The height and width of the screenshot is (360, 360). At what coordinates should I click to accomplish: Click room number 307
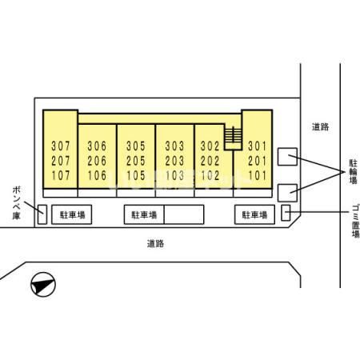pyautogui.click(x=61, y=146)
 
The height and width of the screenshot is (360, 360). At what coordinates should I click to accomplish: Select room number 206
pyautogui.click(x=97, y=161)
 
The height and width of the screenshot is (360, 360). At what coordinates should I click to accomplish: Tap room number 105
pyautogui.click(x=136, y=175)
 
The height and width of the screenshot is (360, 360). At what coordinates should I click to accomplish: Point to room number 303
pyautogui.click(x=174, y=146)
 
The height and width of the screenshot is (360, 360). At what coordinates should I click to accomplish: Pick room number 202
pyautogui.click(x=210, y=161)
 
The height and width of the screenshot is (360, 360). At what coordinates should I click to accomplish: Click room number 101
pyautogui.click(x=258, y=175)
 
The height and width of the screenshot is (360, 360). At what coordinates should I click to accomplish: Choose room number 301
pyautogui.click(x=258, y=146)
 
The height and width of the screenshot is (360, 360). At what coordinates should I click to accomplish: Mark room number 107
pyautogui.click(x=61, y=175)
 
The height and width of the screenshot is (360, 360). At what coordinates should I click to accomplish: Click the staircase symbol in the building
pyautogui.click(x=233, y=138)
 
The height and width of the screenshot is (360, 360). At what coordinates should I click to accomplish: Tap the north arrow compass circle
pyautogui.click(x=43, y=285)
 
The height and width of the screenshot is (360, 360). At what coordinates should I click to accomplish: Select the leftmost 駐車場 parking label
pyautogui.click(x=72, y=214)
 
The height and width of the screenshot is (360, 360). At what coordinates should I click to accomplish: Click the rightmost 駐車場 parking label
pyautogui.click(x=254, y=214)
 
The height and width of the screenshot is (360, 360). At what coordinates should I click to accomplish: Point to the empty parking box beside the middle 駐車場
pyautogui.click(x=184, y=214)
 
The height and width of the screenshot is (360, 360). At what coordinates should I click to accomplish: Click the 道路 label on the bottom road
pyautogui.click(x=155, y=243)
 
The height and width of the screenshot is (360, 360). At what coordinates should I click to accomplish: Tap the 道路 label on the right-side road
pyautogui.click(x=320, y=126)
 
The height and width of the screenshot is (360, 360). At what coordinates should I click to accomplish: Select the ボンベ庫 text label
pyautogui.click(x=16, y=203)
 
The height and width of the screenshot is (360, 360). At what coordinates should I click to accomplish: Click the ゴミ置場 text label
pyautogui.click(x=355, y=221)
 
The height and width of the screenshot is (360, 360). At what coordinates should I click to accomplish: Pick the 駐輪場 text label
pyautogui.click(x=353, y=171)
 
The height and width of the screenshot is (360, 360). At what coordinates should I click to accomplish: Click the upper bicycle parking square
pyautogui.click(x=287, y=157)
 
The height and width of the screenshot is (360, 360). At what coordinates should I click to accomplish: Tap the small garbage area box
pyautogui.click(x=286, y=213)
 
